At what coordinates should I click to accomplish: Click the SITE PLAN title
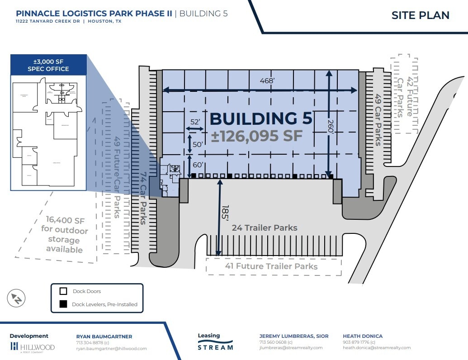[x=420, y=15]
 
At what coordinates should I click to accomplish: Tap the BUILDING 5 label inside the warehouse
[x=261, y=118]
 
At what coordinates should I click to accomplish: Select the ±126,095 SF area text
[x=256, y=136]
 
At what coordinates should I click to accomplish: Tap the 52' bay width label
[x=195, y=122]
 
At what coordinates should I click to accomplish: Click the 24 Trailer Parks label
[x=265, y=227]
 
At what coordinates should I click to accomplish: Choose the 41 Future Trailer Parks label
[x=271, y=266]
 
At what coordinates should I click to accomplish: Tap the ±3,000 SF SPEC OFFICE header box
[x=48, y=64]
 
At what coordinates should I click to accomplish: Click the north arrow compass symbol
[x=16, y=298]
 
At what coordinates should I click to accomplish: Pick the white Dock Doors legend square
[x=64, y=292]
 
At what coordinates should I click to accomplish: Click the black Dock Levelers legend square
[x=64, y=304]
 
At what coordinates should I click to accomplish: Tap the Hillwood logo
[x=32, y=347]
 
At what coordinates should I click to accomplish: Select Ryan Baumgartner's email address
[x=111, y=349]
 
